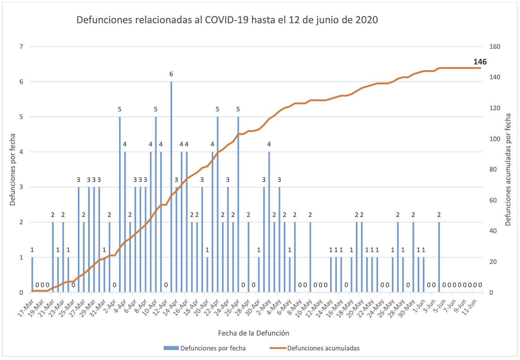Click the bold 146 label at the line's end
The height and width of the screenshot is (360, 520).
pos(480,62)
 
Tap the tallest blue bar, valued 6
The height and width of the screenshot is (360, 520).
pos(171,187)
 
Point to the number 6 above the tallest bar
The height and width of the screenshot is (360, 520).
pos(171,74)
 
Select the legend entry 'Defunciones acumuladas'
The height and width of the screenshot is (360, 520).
pos(323,348)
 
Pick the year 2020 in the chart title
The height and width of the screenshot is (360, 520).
pos(367,20)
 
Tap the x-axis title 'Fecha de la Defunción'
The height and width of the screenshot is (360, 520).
pos(253,333)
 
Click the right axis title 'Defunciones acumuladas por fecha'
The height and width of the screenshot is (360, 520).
pos(508,169)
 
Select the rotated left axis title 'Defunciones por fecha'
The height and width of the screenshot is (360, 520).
pos(13,169)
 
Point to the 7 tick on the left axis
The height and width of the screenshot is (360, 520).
pos(21,47)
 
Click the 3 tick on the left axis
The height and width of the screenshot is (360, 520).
pos(21,187)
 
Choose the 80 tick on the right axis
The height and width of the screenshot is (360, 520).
pos(493,169)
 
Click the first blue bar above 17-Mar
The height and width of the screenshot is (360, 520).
pos(32,275)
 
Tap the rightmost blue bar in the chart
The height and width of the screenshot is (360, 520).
pos(439,257)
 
